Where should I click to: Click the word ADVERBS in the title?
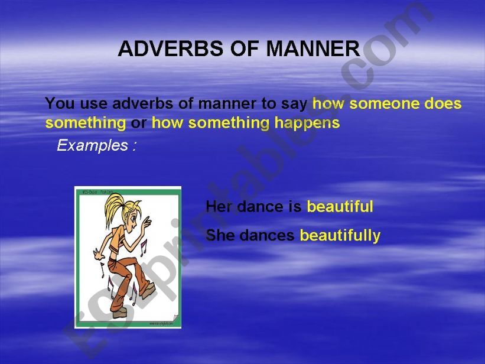click(x=155, y=49)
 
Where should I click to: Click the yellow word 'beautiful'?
click(x=340, y=207)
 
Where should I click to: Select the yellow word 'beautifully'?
click(x=340, y=236)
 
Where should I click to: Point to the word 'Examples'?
click(x=92, y=145)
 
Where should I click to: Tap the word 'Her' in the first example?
click(x=216, y=207)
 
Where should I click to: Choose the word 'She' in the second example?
click(x=220, y=236)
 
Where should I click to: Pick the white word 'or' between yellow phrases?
click(x=138, y=123)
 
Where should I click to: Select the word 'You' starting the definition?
click(x=58, y=104)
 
